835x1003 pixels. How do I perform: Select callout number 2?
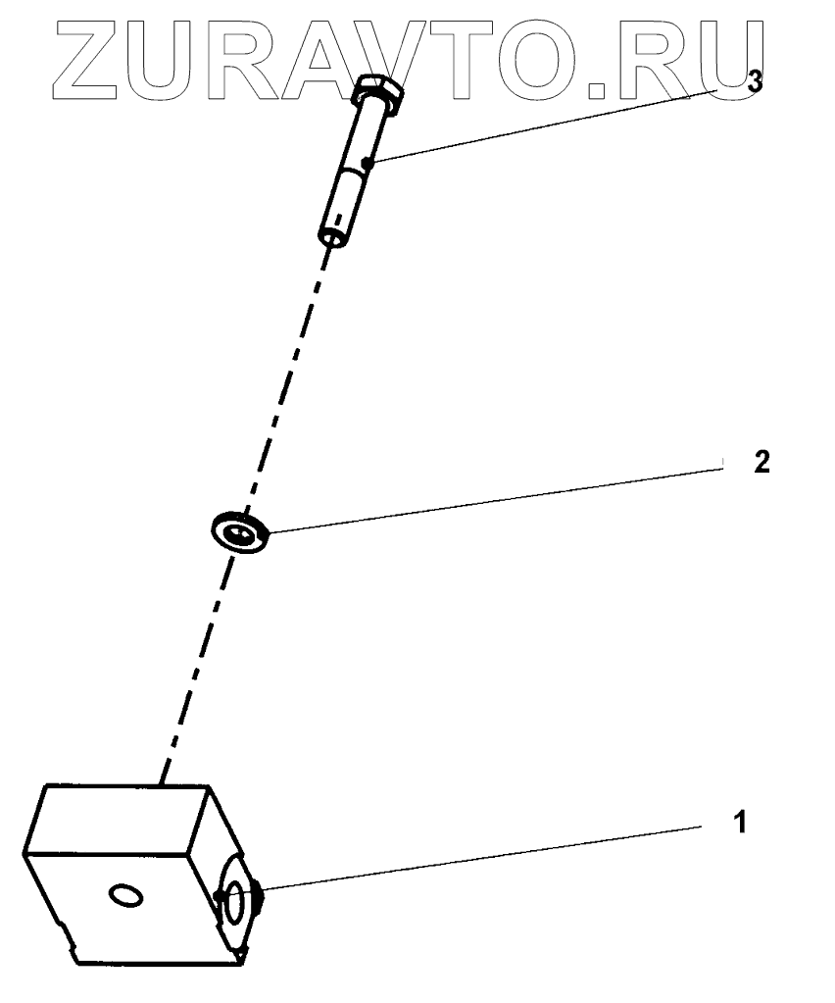coord(761,463)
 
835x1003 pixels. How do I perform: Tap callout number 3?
coord(754,83)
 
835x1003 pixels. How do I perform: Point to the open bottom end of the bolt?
coord(332,235)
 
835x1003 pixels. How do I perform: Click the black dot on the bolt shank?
coord(366,163)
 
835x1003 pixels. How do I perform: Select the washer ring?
coord(240,533)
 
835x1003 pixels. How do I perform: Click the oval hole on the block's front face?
coord(127,893)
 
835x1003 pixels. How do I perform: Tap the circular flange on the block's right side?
coord(237,899)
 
